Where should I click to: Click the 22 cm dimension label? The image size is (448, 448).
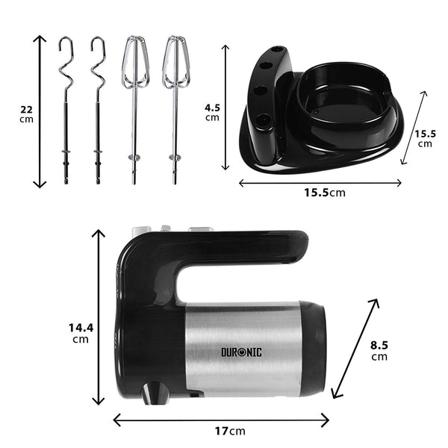[x=26, y=114]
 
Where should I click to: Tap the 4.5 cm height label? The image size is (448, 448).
[x=212, y=112]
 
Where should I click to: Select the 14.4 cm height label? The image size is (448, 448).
[x=81, y=333]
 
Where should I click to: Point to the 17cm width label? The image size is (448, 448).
[x=230, y=431]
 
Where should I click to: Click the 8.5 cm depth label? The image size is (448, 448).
[x=379, y=351]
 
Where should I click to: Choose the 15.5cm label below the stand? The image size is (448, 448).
[x=325, y=193]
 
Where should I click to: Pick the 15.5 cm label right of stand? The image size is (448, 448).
[x=425, y=138]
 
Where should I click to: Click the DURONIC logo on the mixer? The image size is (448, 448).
[x=241, y=352]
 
